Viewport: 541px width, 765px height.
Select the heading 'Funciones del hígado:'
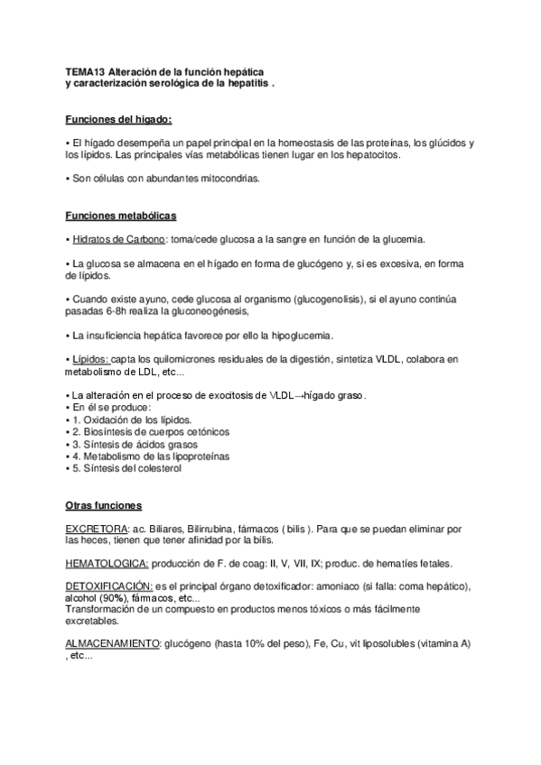[x=119, y=119]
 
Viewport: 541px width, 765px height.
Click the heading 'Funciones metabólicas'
[x=121, y=216]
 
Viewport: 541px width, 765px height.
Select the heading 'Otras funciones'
[x=103, y=504]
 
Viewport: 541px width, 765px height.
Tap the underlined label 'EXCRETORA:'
[x=96, y=528]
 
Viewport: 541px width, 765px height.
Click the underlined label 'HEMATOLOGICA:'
[x=107, y=564]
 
